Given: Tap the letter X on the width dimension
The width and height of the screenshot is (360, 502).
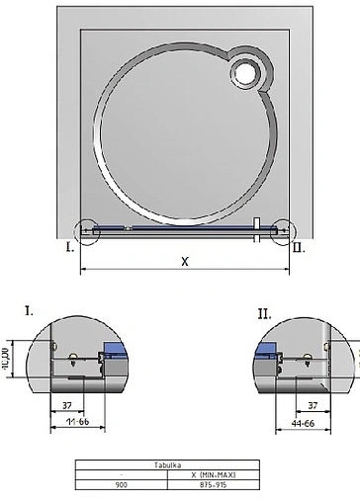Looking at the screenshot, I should [185, 262].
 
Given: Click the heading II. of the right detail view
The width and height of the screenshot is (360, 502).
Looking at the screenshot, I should [264, 313].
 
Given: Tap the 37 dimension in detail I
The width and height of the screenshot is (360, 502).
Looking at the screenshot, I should [67, 405].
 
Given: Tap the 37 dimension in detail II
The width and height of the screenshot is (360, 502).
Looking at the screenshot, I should [313, 405].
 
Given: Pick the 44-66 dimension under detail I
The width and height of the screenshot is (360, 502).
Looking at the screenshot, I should [78, 423].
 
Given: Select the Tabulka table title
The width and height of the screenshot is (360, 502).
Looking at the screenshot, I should [179, 464].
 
